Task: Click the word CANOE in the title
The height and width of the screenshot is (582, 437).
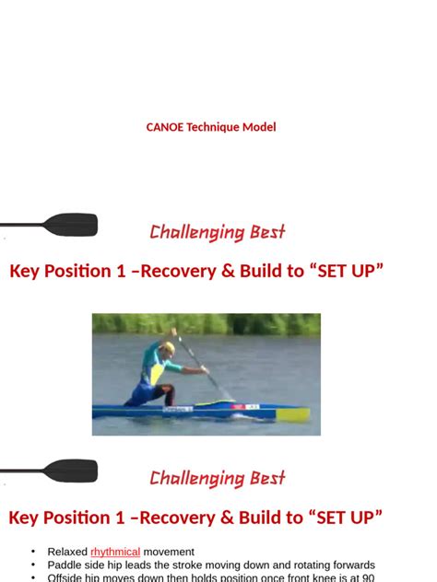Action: click(x=164, y=127)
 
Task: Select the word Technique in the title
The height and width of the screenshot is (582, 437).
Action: click(x=213, y=127)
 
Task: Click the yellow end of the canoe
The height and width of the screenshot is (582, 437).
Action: click(x=293, y=414)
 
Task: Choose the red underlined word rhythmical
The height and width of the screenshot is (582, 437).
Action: click(x=115, y=552)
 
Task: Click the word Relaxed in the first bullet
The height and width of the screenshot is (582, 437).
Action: click(x=67, y=552)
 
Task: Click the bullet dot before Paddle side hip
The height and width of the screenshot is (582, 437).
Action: click(x=35, y=565)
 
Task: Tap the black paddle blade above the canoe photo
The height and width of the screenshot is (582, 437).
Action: click(x=71, y=224)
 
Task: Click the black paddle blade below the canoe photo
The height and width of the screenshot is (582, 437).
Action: click(x=71, y=471)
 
